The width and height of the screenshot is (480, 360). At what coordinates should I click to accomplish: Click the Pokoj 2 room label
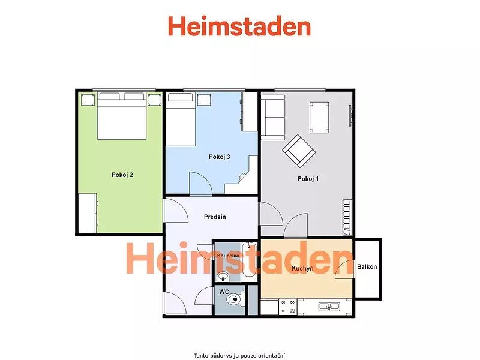point(122,175)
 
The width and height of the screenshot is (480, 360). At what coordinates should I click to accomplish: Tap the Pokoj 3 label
point(219,157)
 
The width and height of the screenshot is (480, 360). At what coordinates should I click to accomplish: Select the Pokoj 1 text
point(308,179)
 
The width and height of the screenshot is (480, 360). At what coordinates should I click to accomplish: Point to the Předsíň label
point(215,217)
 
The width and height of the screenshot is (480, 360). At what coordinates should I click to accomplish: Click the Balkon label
point(367,266)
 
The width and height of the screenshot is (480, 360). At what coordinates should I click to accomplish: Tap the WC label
point(224,292)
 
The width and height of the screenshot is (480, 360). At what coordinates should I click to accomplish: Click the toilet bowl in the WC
point(236,299)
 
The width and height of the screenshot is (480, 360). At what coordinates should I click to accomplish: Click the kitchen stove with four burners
point(288,307)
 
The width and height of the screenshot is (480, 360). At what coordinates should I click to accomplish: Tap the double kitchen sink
point(329,306)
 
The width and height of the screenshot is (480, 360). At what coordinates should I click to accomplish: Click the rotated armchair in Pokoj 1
point(299,151)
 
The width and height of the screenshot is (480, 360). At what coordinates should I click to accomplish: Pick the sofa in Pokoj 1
point(273,117)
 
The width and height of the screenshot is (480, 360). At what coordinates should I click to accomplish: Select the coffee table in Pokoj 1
point(319,118)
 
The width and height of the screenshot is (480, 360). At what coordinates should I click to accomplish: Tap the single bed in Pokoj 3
point(181,119)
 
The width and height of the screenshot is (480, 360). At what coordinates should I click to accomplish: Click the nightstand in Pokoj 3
point(204,100)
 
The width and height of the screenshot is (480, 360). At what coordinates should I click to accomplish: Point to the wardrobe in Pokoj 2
point(88,213)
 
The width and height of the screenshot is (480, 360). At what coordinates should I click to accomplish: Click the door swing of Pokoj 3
point(201,183)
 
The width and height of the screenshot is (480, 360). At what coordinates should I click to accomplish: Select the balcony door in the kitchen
point(345,269)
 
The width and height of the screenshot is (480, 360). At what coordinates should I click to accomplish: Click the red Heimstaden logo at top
point(239,26)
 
